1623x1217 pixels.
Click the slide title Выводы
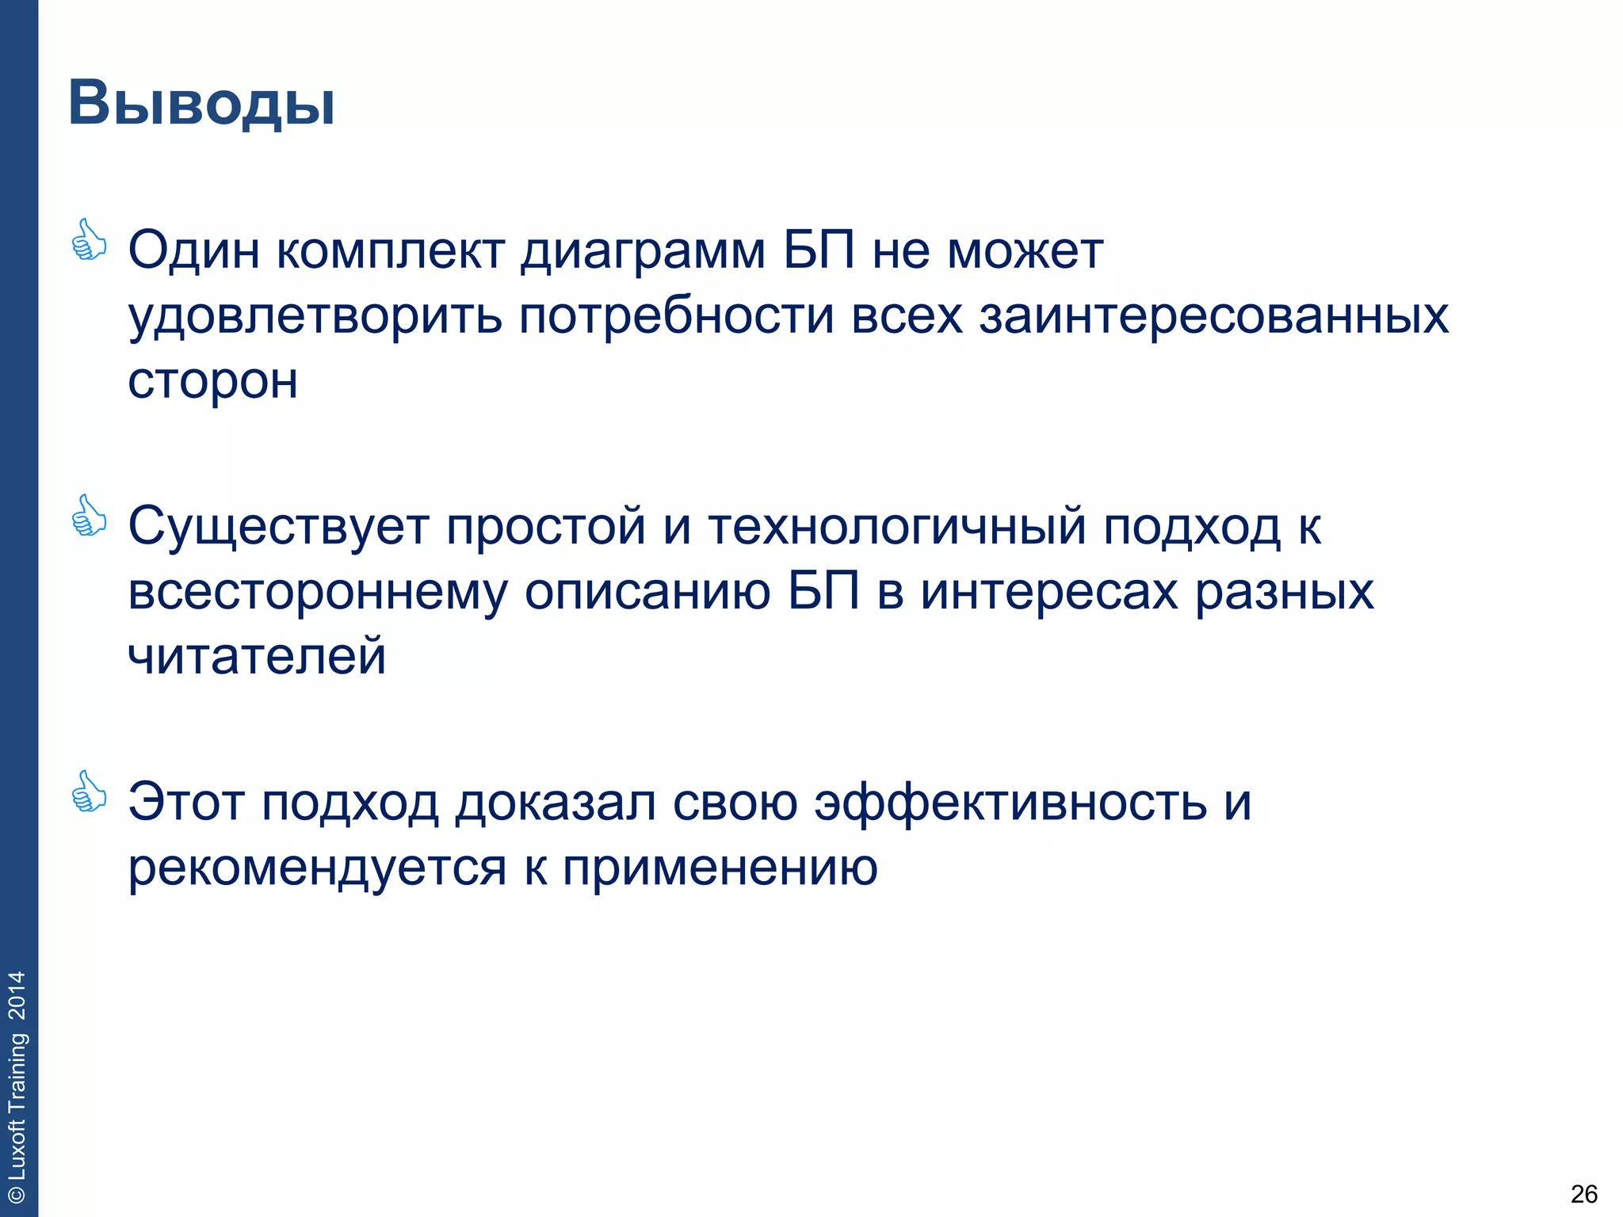(201, 104)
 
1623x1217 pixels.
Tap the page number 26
(1583, 1193)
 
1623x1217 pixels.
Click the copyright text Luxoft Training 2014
(17, 1086)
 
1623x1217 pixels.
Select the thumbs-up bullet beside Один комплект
(89, 241)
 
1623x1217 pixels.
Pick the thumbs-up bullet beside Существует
(89, 517)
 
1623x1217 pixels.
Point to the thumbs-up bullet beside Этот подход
(89, 792)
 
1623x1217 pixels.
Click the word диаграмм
(643, 252)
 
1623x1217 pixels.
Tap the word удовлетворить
(315, 317)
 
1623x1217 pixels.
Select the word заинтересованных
(1213, 317)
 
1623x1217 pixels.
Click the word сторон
(213, 382)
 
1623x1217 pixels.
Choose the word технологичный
(896, 527)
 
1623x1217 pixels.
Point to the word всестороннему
(317, 593)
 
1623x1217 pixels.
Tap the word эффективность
(1011, 803)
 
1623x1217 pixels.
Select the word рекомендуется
(317, 868)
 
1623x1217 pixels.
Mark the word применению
(720, 868)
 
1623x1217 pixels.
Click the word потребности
(677, 317)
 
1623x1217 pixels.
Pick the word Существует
(278, 527)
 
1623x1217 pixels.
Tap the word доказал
(556, 803)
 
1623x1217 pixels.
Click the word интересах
(1049, 593)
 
